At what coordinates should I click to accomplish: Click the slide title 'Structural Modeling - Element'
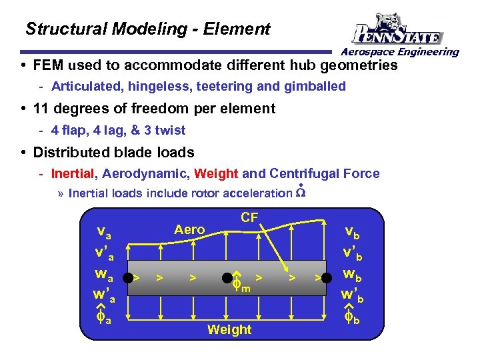pyautogui.click(x=147, y=29)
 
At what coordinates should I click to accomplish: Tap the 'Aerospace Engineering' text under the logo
pyautogui.click(x=400, y=52)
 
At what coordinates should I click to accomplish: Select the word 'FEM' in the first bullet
pyautogui.click(x=49, y=65)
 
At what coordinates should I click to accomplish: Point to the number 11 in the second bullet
pyautogui.click(x=41, y=108)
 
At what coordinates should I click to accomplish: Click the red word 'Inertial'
pyautogui.click(x=73, y=174)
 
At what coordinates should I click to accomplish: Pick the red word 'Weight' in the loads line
pyautogui.click(x=215, y=174)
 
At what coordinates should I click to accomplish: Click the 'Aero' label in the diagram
pyautogui.click(x=189, y=229)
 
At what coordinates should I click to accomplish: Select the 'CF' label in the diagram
pyautogui.click(x=249, y=217)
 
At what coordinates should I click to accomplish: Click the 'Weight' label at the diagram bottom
pyautogui.click(x=229, y=329)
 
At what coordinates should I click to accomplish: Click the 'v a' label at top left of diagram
pyautogui.click(x=104, y=233)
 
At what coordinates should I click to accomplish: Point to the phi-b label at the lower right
pyautogui.click(x=352, y=319)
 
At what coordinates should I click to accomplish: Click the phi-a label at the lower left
pyautogui.click(x=103, y=319)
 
